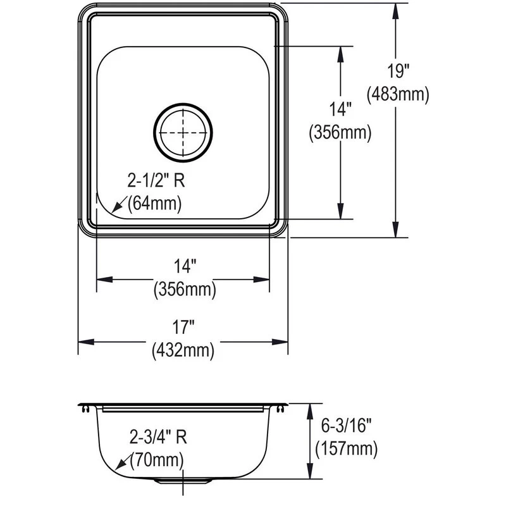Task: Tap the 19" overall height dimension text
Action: coord(398,71)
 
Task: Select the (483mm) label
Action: coord(398,94)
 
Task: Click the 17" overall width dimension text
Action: coord(183,327)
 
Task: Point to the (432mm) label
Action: coord(183,350)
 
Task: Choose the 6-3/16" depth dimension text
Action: coord(346,425)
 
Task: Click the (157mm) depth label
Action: coord(346,448)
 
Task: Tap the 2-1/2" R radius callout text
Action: coord(156,180)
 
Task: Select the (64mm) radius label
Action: coord(154,204)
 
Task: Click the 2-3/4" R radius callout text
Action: coord(158,437)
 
